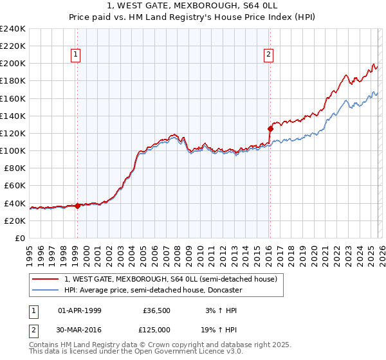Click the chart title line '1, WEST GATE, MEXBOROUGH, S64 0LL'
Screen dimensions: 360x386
tap(192, 6)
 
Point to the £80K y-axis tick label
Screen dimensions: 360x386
tap(14, 168)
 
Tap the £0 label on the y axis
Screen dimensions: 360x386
tap(20, 238)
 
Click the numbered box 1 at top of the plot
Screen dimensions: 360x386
tap(77, 55)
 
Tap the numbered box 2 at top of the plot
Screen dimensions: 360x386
tap(268, 55)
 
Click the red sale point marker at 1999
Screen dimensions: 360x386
tap(77, 206)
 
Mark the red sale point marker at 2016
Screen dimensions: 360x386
tap(270, 129)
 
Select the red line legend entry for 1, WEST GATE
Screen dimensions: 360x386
tap(170, 279)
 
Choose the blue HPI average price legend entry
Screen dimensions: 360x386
tap(152, 290)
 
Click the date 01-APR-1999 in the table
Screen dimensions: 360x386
tap(79, 310)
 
